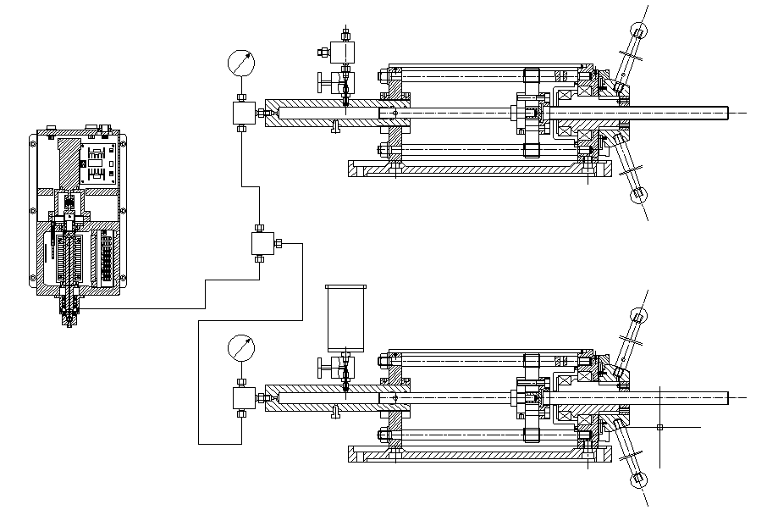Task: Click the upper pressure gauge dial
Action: click(240, 63)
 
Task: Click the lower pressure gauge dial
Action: click(240, 347)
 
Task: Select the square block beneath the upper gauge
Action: click(241, 113)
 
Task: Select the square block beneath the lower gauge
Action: click(241, 397)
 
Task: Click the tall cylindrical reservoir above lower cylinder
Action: click(345, 318)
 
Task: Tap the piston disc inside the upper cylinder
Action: click(532, 113)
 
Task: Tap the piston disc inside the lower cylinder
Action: click(532, 396)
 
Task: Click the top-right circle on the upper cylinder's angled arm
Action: click(638, 31)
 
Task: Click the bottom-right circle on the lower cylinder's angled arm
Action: click(638, 480)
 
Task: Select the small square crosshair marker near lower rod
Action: click(659, 427)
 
